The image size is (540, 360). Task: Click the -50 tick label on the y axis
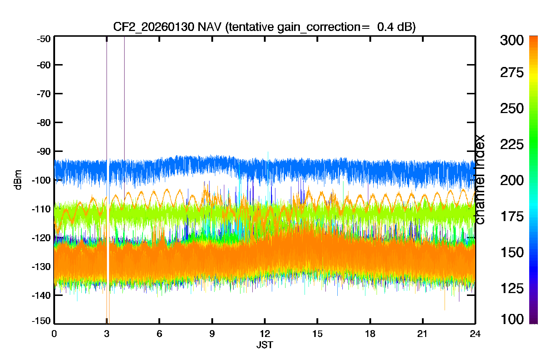[x=44, y=39]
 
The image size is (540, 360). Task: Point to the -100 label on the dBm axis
[x=41, y=180]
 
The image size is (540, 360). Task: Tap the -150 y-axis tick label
[x=41, y=321]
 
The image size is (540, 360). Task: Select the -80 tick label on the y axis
[x=44, y=123]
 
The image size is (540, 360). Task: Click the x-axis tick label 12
[x=265, y=334]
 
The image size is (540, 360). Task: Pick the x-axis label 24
[x=475, y=334]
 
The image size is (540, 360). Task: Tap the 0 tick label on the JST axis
[x=54, y=334]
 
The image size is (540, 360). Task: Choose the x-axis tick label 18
[x=370, y=334]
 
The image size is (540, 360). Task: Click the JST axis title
[x=265, y=345]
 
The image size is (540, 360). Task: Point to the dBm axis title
[x=18, y=180]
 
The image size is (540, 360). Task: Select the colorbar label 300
[x=512, y=40]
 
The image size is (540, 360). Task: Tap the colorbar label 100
[x=512, y=319]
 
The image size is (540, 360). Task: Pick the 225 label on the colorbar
[x=512, y=145]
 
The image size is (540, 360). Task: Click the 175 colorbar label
[x=512, y=216]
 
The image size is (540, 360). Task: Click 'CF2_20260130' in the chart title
[x=154, y=27]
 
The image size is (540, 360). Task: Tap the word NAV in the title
[x=209, y=27]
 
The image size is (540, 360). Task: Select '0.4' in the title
[x=385, y=27]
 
